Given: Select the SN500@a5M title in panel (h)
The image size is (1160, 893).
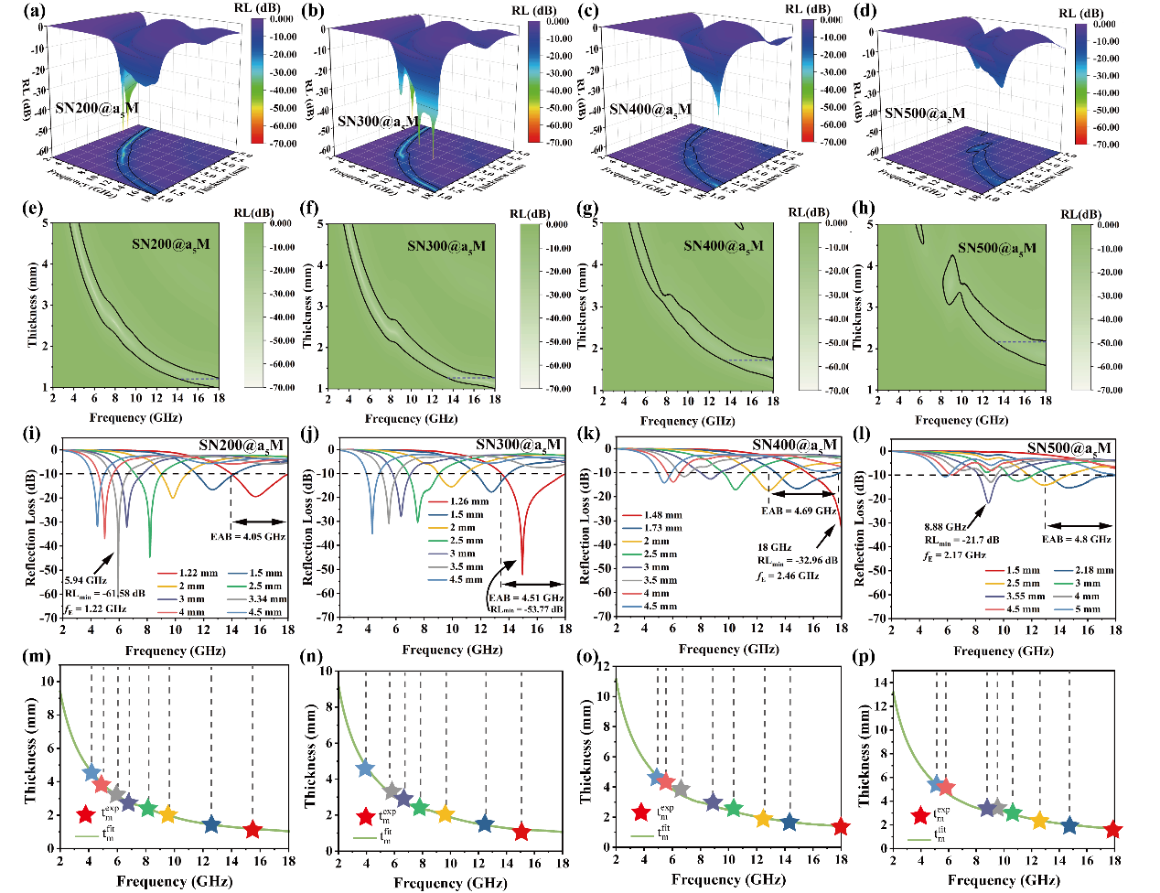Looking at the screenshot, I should coord(997,248).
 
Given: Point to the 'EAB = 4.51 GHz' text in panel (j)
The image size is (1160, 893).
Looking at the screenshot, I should coord(527,597).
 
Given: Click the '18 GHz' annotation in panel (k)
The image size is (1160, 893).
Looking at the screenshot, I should coord(775,547).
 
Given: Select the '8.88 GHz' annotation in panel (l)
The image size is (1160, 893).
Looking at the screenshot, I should coord(944,527).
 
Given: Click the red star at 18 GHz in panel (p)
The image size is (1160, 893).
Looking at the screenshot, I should coord(1112,830).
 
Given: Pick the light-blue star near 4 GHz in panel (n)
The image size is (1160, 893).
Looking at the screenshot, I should coord(365,769).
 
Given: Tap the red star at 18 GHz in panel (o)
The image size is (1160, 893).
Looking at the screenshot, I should coord(841,827).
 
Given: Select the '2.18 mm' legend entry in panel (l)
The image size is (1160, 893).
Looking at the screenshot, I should coord(1093,570).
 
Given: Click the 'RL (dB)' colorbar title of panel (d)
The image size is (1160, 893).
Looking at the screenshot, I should coord(1081,13).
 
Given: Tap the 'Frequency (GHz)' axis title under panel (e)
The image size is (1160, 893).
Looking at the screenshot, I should coord(135,417).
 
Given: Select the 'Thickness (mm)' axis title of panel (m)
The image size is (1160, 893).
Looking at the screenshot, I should coord(30,758).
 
